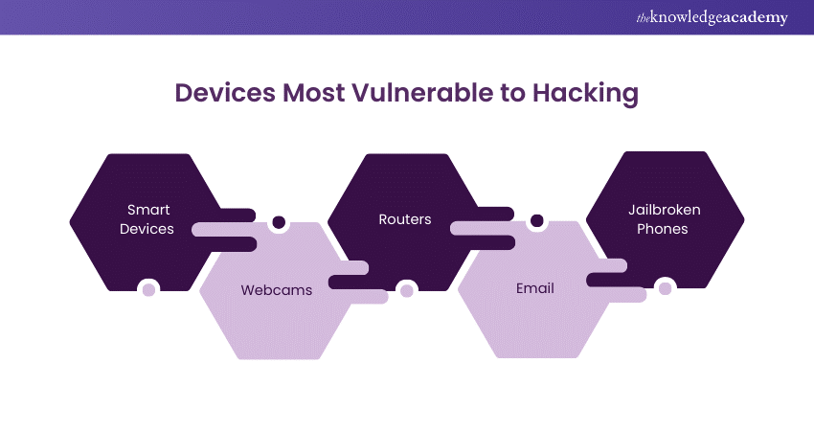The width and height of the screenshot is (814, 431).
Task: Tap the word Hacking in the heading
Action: (585, 94)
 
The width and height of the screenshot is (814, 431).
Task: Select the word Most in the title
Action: (313, 93)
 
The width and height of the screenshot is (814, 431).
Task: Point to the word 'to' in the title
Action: (513, 94)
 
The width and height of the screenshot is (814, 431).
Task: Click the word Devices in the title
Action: (225, 93)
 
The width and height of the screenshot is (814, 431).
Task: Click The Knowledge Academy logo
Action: (712, 17)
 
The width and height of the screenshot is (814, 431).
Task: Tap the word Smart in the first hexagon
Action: (148, 210)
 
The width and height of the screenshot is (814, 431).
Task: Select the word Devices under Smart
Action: (147, 229)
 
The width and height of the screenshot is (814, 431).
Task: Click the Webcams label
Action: (277, 290)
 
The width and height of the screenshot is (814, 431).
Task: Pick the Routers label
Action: (405, 219)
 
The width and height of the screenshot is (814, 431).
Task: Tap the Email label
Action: (535, 288)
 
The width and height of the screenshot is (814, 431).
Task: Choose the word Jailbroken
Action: (665, 210)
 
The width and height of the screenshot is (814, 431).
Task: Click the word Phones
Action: (663, 229)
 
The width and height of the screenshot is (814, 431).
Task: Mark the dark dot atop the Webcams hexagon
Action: (279, 222)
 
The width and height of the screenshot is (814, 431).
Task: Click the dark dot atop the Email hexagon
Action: (537, 220)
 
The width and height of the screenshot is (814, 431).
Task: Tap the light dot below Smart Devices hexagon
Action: (148, 290)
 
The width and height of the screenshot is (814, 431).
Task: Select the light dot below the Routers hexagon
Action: (407, 290)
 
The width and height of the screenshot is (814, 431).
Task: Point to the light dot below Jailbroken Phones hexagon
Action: (665, 288)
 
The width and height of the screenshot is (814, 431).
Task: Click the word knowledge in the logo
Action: (685, 18)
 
